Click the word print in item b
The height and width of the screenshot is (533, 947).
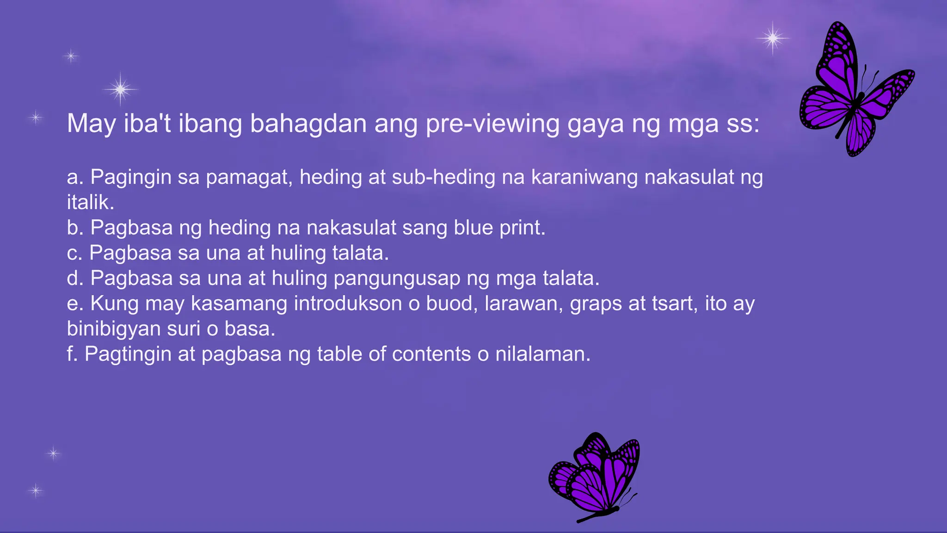tap(522, 228)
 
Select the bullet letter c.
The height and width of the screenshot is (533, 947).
tap(74, 253)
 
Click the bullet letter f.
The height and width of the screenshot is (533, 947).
tap(72, 354)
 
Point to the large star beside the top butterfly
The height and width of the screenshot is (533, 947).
tap(773, 38)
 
